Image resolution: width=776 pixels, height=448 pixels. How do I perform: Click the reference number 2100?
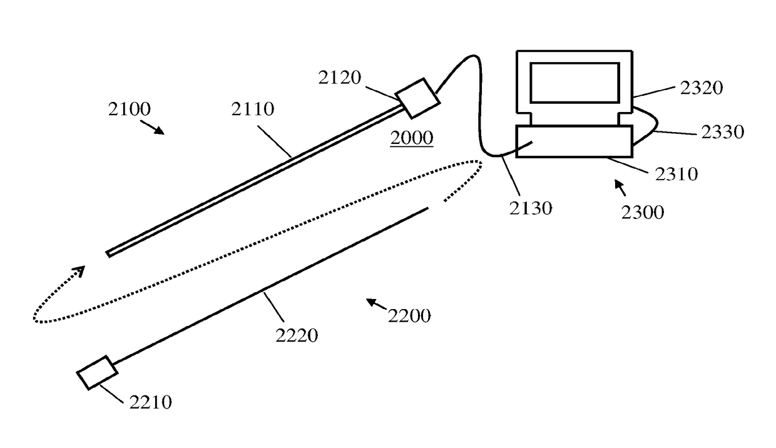pyautogui.click(x=129, y=109)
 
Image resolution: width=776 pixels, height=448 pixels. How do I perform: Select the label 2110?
pyautogui.click(x=252, y=109)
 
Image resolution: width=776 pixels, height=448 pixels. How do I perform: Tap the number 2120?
pyautogui.click(x=339, y=78)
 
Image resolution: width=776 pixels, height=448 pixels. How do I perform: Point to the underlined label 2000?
pyautogui.click(x=411, y=138)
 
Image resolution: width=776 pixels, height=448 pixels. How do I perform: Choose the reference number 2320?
pyautogui.click(x=702, y=88)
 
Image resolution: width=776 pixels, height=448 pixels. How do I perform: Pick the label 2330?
pyautogui.click(x=723, y=132)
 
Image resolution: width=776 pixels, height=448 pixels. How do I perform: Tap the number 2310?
pyautogui.click(x=676, y=173)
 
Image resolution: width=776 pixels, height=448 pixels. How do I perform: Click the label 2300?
pyautogui.click(x=643, y=212)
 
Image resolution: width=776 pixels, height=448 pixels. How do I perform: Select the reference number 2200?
pyautogui.click(x=409, y=315)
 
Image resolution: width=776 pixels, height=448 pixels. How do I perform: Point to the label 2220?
pyautogui.click(x=297, y=335)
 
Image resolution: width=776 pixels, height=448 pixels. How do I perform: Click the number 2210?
pyautogui.click(x=150, y=402)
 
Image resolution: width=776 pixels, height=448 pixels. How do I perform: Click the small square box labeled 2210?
pyautogui.click(x=97, y=373)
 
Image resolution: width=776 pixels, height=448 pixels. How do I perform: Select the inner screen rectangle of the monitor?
pyautogui.click(x=574, y=82)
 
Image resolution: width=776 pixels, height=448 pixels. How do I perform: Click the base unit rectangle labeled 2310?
pyautogui.click(x=574, y=141)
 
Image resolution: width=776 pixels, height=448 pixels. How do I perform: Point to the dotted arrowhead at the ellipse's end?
pyautogui.click(x=78, y=272)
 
